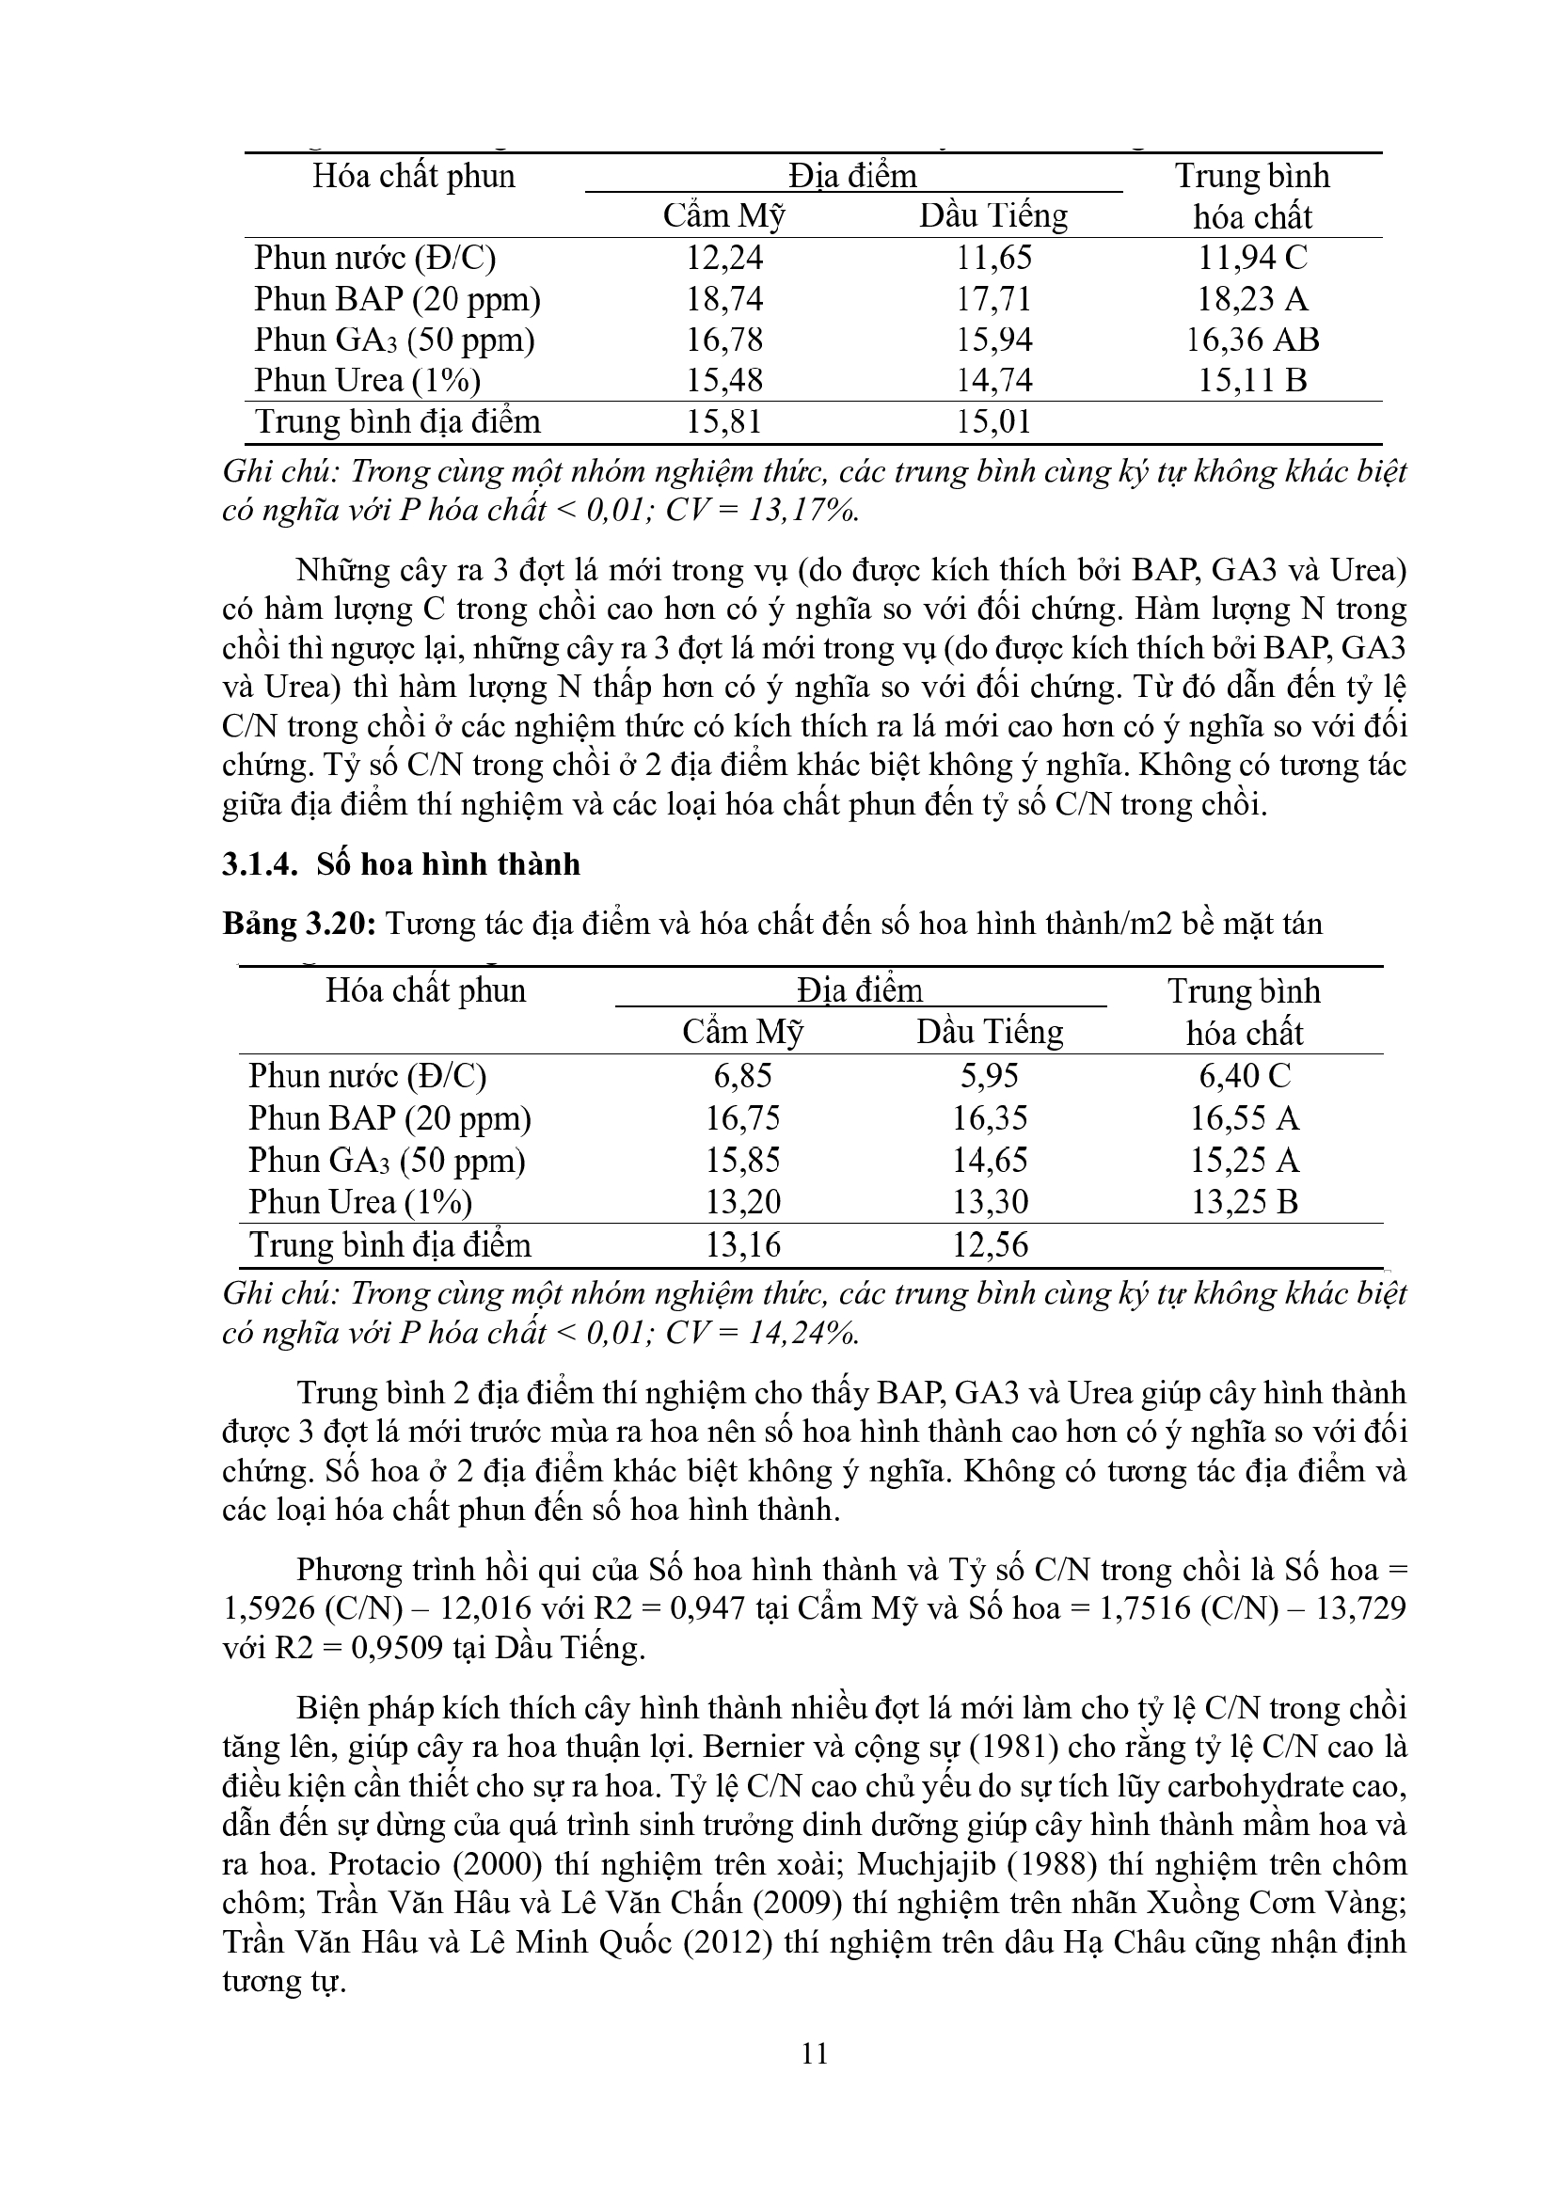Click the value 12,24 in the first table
pos(724,259)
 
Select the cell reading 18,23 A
pos(1251,300)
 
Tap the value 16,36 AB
pos(1252,340)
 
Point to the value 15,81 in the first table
pos(724,422)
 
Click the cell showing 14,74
pos(993,381)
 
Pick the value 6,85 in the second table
pos(742,1076)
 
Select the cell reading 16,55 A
pos(1244,1118)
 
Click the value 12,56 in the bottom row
pos(990,1245)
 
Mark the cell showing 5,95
pos(990,1076)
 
